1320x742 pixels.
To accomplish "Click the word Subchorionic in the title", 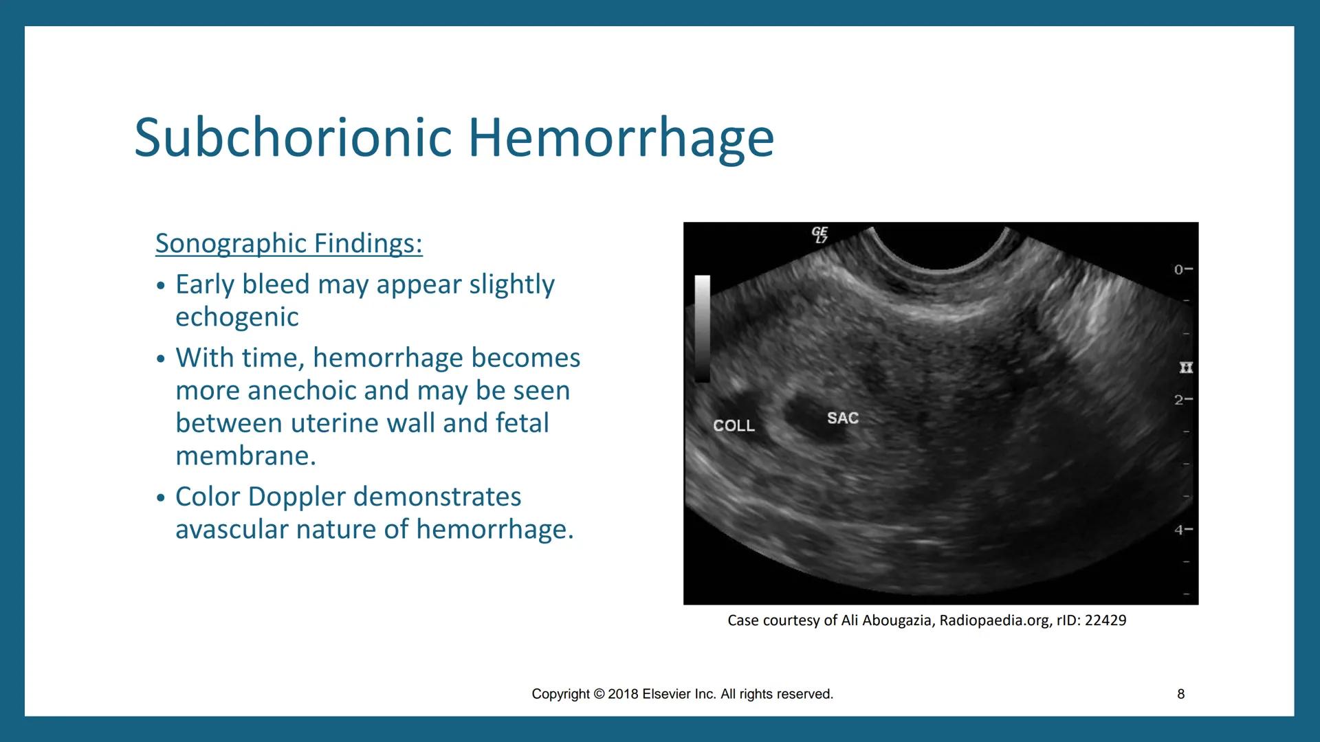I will pos(293,137).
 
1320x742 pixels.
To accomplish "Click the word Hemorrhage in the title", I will pos(621,137).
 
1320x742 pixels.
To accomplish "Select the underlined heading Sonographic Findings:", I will pos(289,243).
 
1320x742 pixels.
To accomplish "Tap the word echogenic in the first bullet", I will pos(236,317).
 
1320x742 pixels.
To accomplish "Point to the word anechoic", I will pos(302,391).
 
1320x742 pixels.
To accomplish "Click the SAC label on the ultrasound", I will pos(842,418).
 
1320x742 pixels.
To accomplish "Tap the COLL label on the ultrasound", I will pos(734,426).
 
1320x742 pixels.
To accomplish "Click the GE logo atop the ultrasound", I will pos(819,235).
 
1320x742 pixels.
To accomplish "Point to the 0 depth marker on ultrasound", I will pos(1179,270).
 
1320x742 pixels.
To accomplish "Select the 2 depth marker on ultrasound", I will pos(1179,400).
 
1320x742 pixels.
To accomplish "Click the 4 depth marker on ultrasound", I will pos(1179,530).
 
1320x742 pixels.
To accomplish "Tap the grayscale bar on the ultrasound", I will pos(702,328).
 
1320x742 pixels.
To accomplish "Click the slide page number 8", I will pos(1180,694).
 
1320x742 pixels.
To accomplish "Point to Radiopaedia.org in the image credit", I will pos(994,620).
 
